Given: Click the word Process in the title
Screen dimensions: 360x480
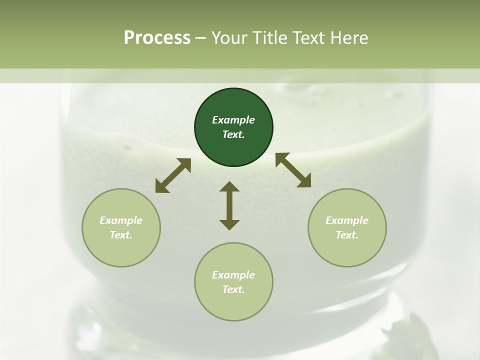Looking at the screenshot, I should click(x=157, y=38).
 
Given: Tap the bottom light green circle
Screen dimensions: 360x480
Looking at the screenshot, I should click(x=233, y=306).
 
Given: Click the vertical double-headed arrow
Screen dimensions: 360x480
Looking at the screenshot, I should click(x=229, y=205).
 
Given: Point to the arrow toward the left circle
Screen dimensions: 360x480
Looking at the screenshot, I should click(x=173, y=175).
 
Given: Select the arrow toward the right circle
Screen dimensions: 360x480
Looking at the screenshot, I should click(x=293, y=170).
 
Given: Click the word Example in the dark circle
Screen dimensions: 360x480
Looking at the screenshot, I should click(x=233, y=120).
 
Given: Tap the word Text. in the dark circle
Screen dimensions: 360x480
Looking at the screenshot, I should click(x=233, y=134).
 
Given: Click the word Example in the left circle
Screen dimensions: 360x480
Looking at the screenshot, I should click(x=121, y=220).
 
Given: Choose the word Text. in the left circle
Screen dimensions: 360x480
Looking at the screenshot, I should click(x=121, y=235).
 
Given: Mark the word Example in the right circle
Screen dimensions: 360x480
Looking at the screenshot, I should click(x=347, y=220).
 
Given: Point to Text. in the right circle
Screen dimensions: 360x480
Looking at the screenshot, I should click(x=347, y=235).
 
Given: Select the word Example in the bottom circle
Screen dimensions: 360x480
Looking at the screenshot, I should click(x=233, y=275).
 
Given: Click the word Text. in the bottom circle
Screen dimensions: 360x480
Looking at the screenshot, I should click(x=233, y=289).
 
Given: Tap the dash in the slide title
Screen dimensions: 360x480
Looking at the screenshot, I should click(x=201, y=38).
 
